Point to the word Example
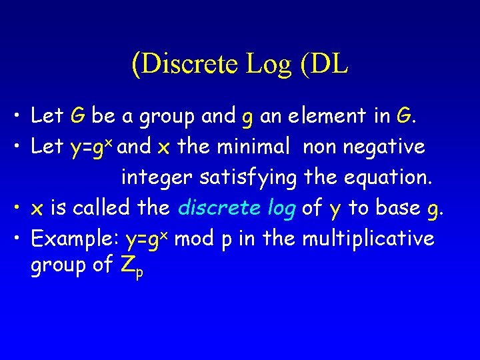click(x=73, y=238)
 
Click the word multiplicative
click(x=368, y=238)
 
